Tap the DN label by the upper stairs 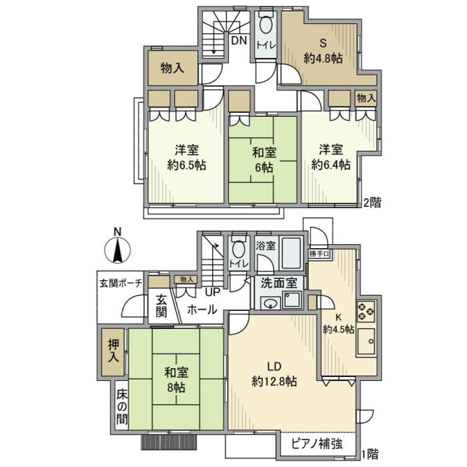(238, 41)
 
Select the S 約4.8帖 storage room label (323, 51)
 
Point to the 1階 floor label (369, 454)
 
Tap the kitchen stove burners (366, 311)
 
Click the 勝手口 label (319, 254)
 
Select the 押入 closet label (113, 351)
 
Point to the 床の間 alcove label (122, 406)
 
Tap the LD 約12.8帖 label (274, 374)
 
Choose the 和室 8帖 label (176, 380)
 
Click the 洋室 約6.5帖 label (186, 157)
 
